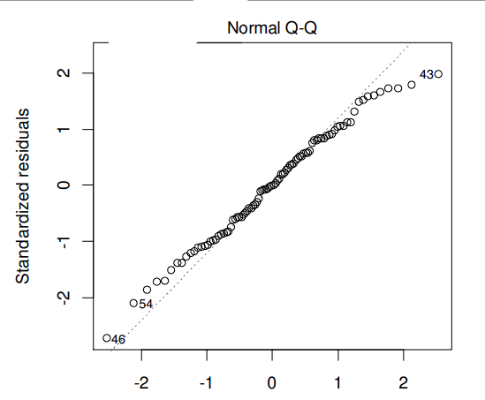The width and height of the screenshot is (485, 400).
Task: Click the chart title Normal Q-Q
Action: point(273,28)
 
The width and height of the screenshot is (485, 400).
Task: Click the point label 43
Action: point(426,75)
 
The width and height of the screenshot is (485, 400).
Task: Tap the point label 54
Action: point(147,305)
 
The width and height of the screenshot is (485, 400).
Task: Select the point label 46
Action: point(118,340)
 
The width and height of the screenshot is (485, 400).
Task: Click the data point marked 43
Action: point(438,74)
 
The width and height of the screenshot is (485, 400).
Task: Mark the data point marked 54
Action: point(133,303)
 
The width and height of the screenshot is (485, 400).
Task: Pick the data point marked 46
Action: point(106,337)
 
